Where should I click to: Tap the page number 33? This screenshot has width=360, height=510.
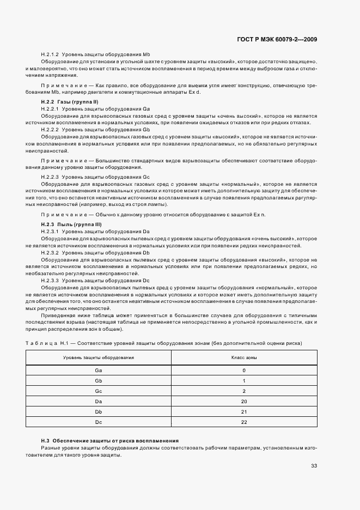click(x=314, y=465)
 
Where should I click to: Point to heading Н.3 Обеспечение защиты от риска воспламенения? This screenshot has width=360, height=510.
click(x=110, y=440)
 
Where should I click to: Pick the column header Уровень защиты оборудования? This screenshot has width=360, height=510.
click(x=99, y=358)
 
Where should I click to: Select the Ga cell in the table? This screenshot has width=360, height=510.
click(x=99, y=371)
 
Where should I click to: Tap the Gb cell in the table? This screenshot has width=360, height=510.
click(x=99, y=381)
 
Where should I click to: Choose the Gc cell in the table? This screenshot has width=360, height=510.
click(x=99, y=391)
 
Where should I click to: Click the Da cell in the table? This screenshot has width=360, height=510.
click(x=99, y=402)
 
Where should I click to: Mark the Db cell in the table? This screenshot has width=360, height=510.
click(x=99, y=412)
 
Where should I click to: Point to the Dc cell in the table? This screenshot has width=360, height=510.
click(x=99, y=422)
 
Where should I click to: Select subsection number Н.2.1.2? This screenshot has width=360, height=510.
click(x=50, y=55)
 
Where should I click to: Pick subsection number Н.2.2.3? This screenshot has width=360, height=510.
click(x=50, y=178)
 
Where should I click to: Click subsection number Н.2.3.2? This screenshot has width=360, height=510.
click(x=50, y=253)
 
